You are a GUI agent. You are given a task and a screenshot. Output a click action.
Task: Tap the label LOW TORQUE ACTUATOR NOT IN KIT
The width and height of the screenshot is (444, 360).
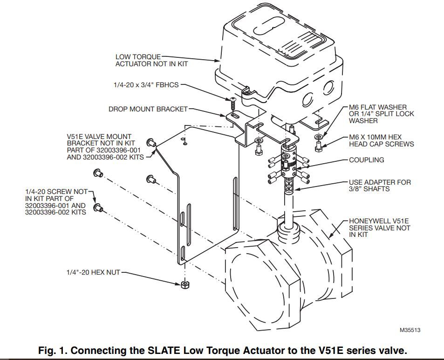[151, 60]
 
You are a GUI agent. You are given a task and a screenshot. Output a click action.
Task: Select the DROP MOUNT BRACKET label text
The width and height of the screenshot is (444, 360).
[148, 109]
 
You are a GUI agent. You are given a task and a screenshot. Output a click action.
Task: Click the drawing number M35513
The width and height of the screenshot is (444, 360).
[410, 330]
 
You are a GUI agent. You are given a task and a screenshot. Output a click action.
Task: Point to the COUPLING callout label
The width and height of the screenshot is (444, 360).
[367, 160]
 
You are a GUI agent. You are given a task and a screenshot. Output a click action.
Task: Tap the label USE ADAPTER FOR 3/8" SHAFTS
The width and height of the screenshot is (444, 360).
[380, 185]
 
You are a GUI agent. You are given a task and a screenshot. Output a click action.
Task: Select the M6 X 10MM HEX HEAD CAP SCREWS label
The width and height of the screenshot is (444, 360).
[381, 140]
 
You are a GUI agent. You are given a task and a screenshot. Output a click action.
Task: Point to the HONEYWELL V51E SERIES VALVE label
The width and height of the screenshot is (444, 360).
[380, 228]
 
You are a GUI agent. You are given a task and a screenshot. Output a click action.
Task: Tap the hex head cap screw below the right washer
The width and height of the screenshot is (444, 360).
[318, 147]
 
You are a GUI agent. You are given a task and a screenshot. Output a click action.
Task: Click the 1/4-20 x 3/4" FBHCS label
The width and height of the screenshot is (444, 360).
[145, 85]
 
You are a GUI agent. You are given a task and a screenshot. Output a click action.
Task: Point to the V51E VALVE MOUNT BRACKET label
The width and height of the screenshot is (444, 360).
[105, 147]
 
